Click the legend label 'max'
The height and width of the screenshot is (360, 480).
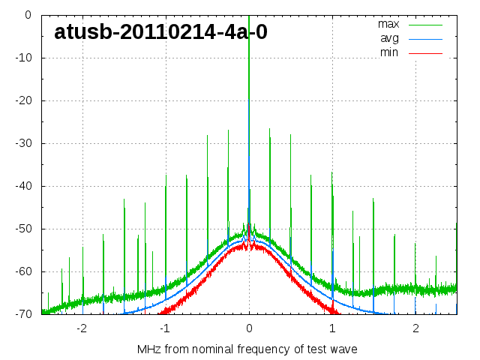pos(388,24)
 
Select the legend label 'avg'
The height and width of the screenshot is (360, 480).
pos(389,38)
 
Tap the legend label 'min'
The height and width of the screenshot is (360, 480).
pos(389,52)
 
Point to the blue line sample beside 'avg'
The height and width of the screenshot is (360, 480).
pos(424,38)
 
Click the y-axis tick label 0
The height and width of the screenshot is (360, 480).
pos(27,15)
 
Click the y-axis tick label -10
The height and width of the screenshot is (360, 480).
pos(22,58)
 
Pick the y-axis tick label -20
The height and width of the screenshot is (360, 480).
pos(22,100)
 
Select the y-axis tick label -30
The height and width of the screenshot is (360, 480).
pos(22,143)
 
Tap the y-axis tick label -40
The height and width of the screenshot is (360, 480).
pos(22,186)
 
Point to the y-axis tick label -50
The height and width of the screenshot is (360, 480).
pos(22,229)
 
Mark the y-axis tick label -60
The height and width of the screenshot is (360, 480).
pos(22,271)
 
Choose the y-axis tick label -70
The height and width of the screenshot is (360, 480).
pos(22,314)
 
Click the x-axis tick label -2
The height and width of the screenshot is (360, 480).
pos(82,328)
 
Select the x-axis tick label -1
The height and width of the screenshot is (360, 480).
pos(165,328)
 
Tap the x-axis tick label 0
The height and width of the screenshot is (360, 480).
pos(249,328)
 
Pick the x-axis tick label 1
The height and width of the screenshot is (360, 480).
pos(332,328)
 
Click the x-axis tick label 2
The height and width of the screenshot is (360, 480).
pos(415,328)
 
